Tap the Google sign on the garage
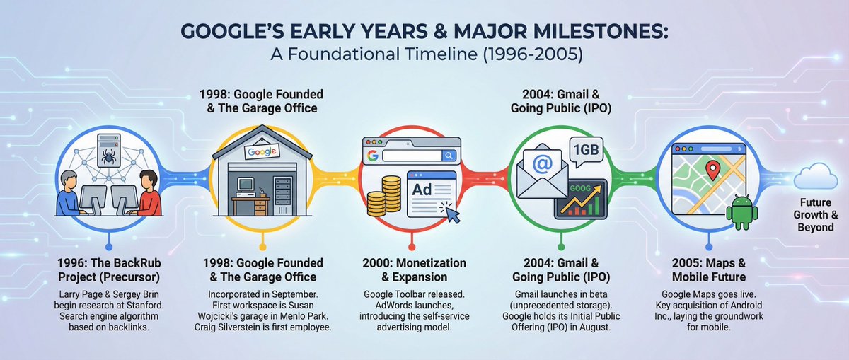point(262,151)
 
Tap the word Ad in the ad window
point(423,190)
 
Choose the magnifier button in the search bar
point(449,155)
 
